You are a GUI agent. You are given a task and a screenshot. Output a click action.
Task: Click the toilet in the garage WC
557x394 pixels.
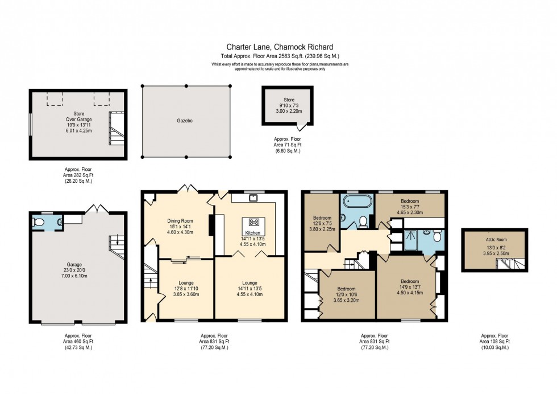pos(39,223)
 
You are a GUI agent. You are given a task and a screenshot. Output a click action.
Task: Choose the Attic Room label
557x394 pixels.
pos(494,241)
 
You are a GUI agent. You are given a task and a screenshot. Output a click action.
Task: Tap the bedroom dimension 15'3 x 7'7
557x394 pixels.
pos(409,207)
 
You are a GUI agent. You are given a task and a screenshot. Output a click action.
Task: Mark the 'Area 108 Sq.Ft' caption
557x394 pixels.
pos(494,341)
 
